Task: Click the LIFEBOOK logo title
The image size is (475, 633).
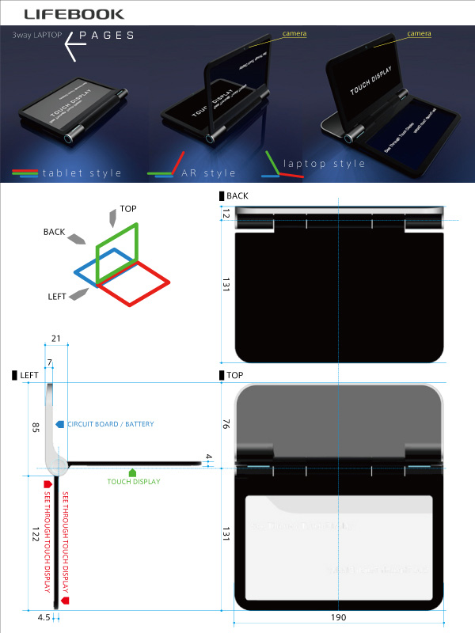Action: [x=68, y=13]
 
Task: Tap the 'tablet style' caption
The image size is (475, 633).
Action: [x=82, y=173]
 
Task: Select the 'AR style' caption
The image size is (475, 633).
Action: [x=208, y=173]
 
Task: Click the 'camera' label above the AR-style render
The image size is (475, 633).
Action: [x=294, y=34]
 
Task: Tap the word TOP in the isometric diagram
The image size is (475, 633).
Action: [x=128, y=210]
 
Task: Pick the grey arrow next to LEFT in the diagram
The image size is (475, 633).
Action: [x=78, y=294]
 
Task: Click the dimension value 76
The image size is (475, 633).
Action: [x=225, y=425]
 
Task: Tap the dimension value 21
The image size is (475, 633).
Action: [x=55, y=339]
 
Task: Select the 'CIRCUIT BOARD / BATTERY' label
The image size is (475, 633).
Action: [x=110, y=424]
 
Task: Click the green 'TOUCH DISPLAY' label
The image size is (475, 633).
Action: [x=134, y=481]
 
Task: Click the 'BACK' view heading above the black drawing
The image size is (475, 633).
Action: [x=237, y=195]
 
